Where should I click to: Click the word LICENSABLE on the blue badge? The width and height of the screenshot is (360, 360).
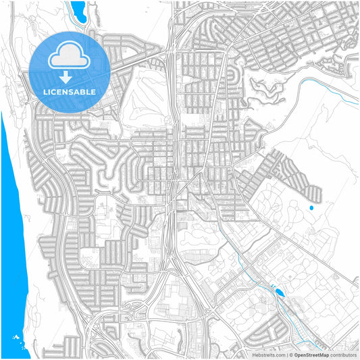point(70,92)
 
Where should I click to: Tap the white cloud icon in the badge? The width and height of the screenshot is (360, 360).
point(70,54)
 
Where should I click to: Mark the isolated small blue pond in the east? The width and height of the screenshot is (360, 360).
point(311,207)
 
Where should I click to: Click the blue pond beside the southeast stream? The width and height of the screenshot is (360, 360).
point(279,292)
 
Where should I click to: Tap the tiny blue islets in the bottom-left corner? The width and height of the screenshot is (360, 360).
point(15,336)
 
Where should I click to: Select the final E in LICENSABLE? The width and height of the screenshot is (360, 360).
point(93,92)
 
